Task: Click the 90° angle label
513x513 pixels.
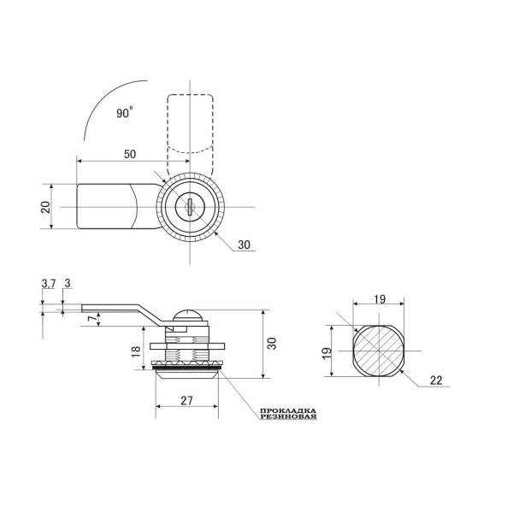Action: pos(125,112)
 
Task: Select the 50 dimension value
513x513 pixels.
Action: pos(130,154)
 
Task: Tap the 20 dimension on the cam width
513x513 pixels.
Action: pos(46,207)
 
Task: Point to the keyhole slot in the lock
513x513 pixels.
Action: pos(190,206)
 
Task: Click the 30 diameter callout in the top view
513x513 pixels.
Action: pos(244,245)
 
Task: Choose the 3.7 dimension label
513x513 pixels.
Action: pos(49,284)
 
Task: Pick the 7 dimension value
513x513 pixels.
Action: pos(92,317)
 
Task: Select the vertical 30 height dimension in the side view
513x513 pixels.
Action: pos(272,343)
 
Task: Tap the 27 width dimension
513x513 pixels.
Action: pos(186,400)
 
